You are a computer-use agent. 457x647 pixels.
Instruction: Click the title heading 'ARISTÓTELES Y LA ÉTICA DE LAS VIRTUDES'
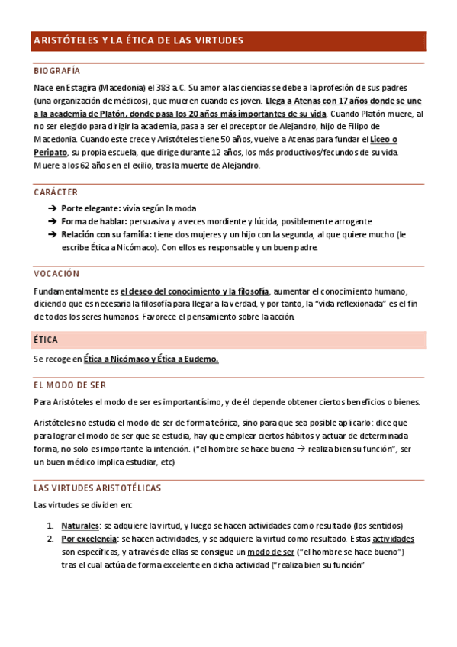click(x=138, y=40)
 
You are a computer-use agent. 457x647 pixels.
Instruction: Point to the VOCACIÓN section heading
click(x=56, y=273)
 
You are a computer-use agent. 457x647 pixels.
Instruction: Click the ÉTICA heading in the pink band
click(x=46, y=340)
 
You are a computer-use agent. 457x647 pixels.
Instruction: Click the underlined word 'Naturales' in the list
click(x=80, y=526)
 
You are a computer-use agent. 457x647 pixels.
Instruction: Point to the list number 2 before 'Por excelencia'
click(x=50, y=539)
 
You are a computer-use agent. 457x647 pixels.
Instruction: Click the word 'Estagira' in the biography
click(x=87, y=88)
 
